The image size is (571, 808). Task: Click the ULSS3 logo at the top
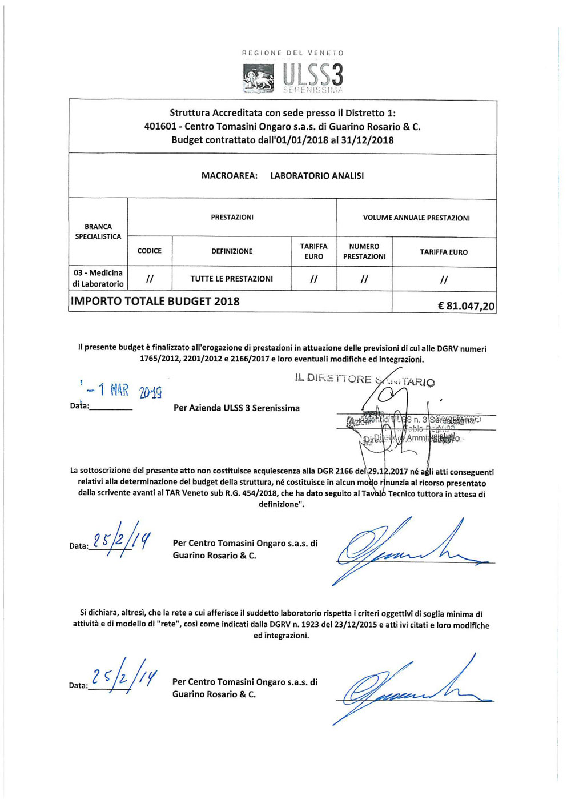[293, 78]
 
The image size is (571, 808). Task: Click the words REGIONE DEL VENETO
[293, 53]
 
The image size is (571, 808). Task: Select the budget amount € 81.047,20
[466, 306]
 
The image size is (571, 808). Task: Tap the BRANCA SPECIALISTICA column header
[98, 231]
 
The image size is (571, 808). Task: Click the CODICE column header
[150, 251]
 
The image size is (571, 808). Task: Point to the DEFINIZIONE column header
[232, 251]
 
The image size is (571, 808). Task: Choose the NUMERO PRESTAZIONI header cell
[364, 251]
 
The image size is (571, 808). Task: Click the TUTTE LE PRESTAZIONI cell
[232, 279]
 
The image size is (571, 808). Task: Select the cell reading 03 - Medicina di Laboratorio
[98, 278]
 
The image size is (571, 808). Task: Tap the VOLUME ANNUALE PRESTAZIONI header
[416, 218]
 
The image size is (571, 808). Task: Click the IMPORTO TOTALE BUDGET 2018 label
[155, 302]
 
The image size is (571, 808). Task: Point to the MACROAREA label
[230, 176]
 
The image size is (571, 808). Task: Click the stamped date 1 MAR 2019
[130, 391]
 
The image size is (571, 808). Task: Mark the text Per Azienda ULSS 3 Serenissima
[236, 408]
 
